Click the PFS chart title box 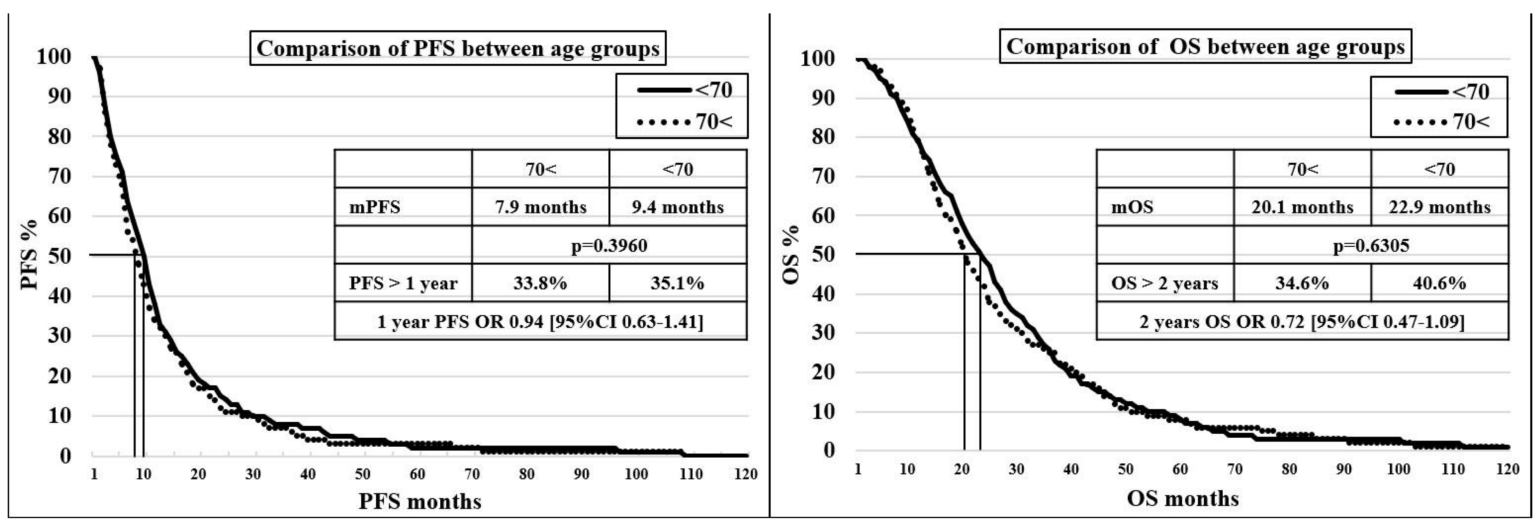457,48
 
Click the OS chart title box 1205,47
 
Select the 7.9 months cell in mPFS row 541,207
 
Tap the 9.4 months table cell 677,207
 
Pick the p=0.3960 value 609,245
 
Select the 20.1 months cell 1302,207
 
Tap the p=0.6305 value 1371,245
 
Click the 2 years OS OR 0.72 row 1302,321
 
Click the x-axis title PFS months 420,501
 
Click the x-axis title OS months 1182,498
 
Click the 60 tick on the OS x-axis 1180,469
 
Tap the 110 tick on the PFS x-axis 691,474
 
